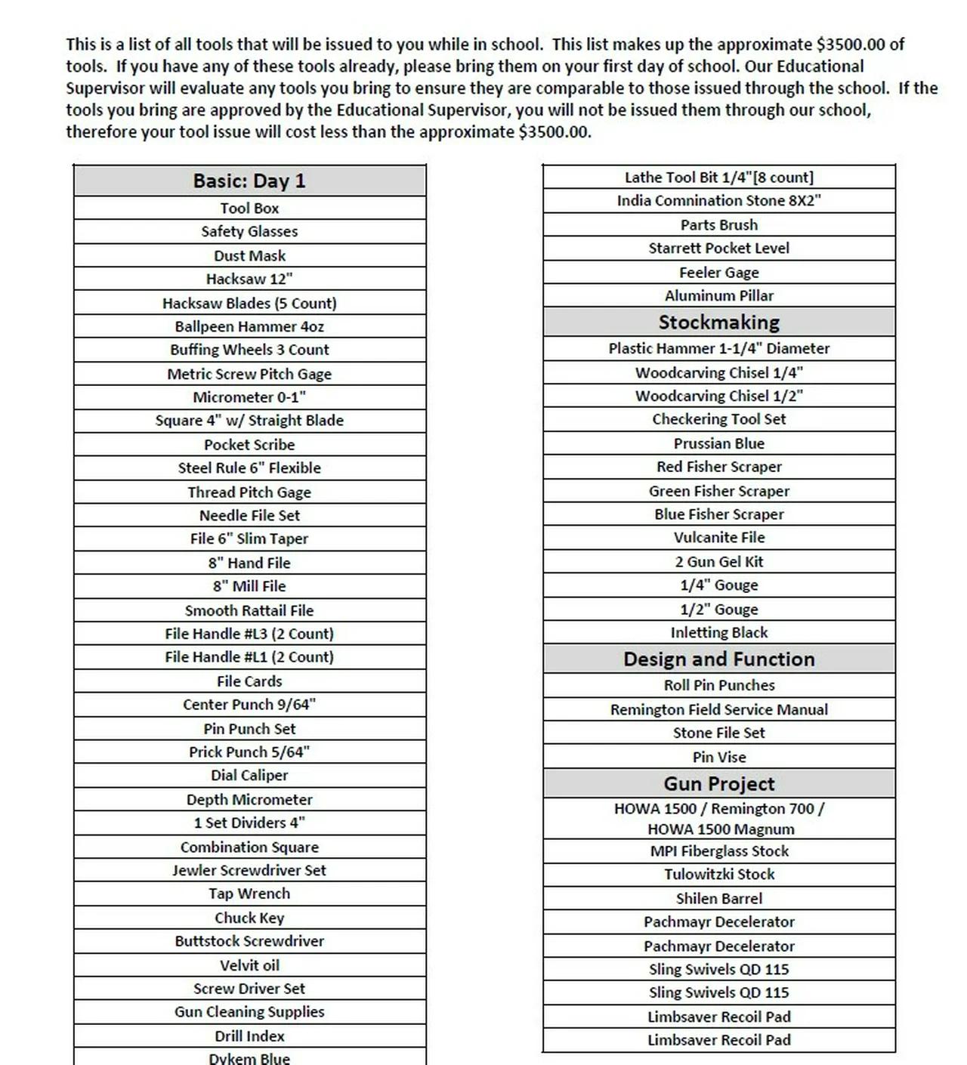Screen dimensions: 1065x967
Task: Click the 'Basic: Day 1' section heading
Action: click(x=249, y=181)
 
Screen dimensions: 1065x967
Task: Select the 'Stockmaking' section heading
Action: click(x=718, y=323)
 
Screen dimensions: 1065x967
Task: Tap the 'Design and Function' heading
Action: click(x=718, y=659)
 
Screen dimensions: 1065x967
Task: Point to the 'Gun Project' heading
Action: click(x=718, y=784)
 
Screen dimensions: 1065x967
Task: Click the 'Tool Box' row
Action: click(x=249, y=208)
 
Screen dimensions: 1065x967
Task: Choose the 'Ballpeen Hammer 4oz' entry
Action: click(x=249, y=326)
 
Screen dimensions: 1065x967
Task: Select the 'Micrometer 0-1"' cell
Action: click(x=249, y=397)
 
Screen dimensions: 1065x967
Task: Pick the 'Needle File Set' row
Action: click(x=249, y=515)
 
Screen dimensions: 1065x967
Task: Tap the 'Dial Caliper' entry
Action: click(x=249, y=776)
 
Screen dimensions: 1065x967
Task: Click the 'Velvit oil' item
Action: click(x=249, y=965)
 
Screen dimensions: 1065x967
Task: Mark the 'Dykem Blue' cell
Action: click(x=249, y=1058)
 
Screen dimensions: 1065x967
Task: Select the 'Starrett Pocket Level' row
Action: click(x=718, y=248)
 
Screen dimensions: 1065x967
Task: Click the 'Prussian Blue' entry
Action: click(x=718, y=443)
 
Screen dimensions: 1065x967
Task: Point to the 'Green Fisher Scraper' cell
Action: click(x=718, y=491)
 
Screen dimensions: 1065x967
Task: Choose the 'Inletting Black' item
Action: click(x=718, y=633)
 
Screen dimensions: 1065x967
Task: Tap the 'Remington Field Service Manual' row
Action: click(x=718, y=710)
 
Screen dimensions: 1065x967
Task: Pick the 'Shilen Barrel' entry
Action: click(x=718, y=899)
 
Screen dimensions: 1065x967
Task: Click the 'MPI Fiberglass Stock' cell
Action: click(x=718, y=851)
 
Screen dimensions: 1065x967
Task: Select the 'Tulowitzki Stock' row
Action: click(x=718, y=875)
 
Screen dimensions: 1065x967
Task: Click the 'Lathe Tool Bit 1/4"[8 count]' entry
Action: click(x=718, y=177)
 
